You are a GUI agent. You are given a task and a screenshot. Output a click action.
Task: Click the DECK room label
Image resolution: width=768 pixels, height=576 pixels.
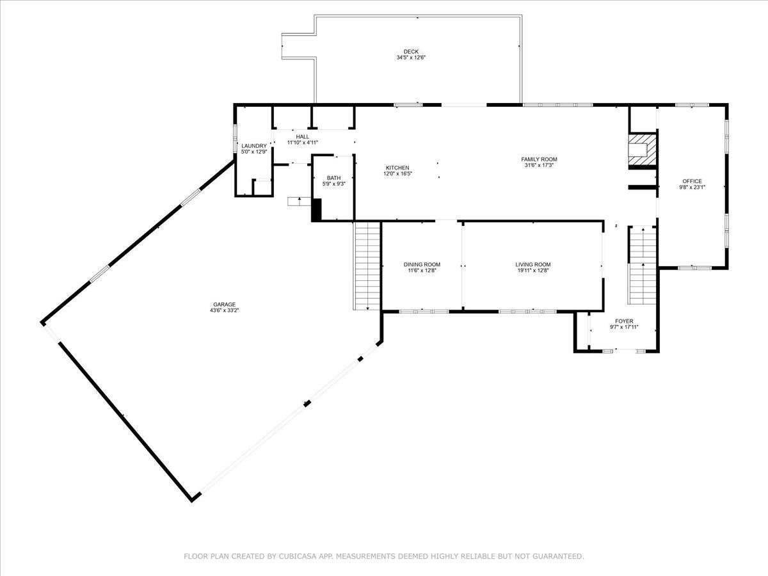coord(411,51)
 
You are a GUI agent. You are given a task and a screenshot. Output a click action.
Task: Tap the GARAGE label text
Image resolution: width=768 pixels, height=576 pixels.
coord(224,304)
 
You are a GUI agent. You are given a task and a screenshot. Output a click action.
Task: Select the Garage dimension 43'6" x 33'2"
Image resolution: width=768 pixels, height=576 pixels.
coord(224,310)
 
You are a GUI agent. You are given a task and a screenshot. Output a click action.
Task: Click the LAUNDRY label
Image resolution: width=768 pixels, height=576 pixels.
coord(254,146)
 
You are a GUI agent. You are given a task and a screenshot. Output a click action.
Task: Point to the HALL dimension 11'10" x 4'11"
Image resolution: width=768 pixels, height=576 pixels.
coord(302,142)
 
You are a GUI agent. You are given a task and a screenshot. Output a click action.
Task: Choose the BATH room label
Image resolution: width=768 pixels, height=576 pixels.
coord(334,178)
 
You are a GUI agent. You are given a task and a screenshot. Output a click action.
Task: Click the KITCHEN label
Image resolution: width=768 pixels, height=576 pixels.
coord(397,168)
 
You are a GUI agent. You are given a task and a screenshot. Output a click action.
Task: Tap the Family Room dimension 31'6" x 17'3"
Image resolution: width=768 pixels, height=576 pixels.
coord(539,165)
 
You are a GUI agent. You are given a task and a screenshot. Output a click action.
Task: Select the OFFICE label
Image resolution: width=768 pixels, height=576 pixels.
coord(692,181)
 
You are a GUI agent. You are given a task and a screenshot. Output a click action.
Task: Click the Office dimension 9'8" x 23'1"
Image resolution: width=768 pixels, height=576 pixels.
coord(692,187)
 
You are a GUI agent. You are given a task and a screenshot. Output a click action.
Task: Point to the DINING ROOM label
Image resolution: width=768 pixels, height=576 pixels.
coord(422,264)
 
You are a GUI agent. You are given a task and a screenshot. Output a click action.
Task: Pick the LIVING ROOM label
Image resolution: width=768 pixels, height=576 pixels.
coord(533,264)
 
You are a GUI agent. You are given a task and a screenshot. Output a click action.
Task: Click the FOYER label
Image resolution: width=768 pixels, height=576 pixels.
coord(624,321)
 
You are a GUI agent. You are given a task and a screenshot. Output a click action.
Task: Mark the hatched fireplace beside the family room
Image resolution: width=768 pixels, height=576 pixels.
coord(642,150)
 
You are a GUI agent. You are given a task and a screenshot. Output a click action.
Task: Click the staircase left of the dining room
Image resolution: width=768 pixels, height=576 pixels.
coord(367,266)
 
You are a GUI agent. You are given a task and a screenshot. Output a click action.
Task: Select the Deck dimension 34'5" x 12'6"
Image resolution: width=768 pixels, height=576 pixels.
coord(411,58)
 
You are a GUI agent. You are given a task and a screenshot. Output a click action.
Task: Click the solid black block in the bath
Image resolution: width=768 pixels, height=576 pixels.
coord(317,209)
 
